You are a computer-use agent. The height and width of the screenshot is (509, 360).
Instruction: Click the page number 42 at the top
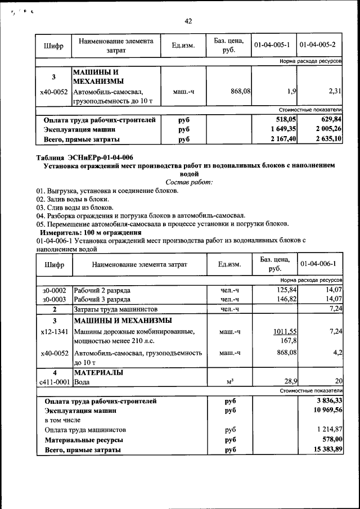coord(188,21)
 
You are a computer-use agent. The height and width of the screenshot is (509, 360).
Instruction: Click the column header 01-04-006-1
coord(319,264)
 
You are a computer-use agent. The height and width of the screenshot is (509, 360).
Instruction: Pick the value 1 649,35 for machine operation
coord(283,129)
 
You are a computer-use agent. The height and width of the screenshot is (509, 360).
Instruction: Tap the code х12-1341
coord(54,332)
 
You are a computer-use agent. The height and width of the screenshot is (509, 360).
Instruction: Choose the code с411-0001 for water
coord(54,381)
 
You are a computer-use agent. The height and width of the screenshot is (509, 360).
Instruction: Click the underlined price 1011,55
coord(283,332)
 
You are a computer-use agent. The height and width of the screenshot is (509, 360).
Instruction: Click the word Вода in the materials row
coord(83,381)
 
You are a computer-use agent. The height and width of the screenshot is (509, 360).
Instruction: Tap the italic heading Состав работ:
coord(189,182)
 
